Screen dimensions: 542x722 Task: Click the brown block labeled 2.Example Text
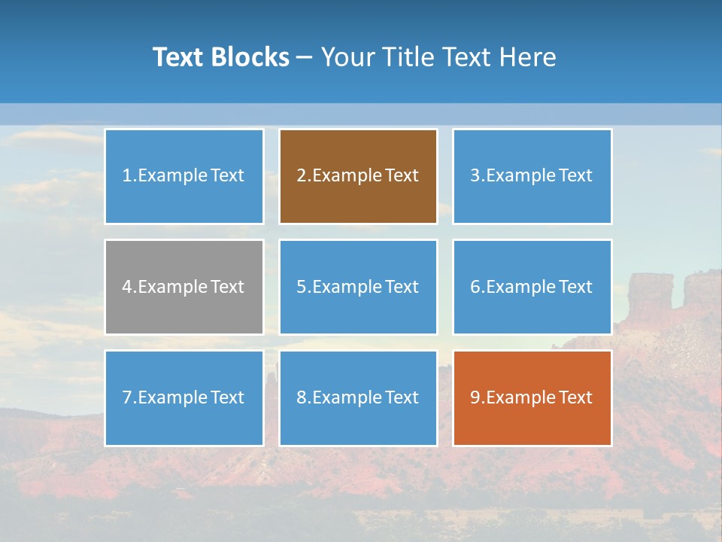tap(358, 176)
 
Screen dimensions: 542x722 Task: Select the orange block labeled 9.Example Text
tap(532, 397)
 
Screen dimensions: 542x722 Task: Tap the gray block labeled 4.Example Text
tap(184, 287)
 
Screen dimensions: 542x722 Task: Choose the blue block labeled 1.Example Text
tap(184, 176)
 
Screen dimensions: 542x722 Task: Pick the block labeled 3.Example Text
tap(532, 176)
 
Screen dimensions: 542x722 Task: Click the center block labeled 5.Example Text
tap(358, 287)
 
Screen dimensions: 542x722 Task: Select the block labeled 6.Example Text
tap(532, 287)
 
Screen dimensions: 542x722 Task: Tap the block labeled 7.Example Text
tap(184, 397)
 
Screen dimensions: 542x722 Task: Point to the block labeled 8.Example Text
tap(358, 397)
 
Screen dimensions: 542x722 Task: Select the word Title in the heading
tap(404, 57)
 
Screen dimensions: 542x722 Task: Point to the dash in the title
tap(305, 57)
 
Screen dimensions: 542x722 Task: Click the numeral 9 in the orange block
tap(475, 397)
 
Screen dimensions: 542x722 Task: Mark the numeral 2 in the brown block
tap(301, 176)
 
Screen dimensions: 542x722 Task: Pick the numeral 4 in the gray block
tap(127, 287)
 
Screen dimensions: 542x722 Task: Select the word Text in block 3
tap(576, 176)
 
